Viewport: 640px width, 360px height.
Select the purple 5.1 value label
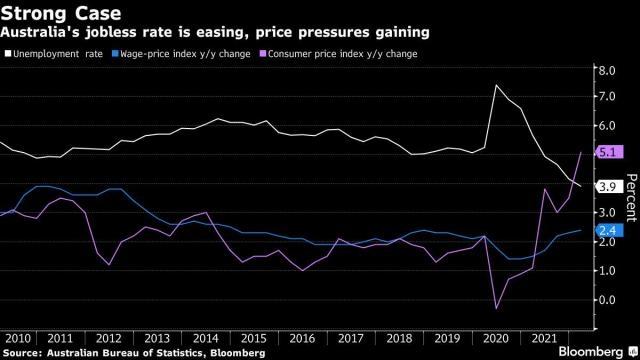pyautogui.click(x=610, y=152)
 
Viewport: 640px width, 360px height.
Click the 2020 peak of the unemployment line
pyautogui.click(x=496, y=85)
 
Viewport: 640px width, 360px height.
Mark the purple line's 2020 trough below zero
pyautogui.click(x=497, y=309)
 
